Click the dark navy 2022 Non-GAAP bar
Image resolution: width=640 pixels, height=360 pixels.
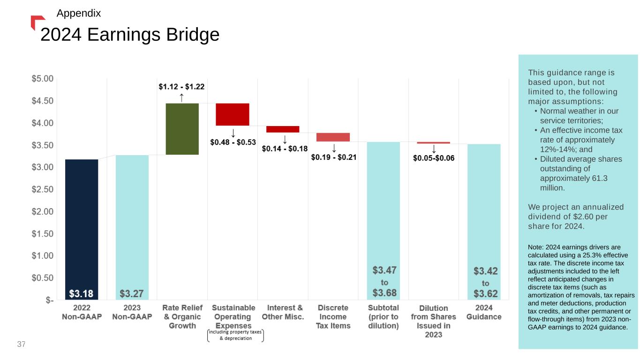click(x=82, y=225)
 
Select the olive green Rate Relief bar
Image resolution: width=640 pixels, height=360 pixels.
click(x=182, y=129)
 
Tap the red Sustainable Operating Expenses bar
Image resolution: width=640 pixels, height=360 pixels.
click(x=233, y=114)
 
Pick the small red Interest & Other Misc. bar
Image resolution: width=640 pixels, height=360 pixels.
click(x=283, y=129)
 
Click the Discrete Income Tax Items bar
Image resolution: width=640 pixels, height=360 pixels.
click(x=333, y=137)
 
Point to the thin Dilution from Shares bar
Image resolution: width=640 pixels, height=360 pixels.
click(x=433, y=142)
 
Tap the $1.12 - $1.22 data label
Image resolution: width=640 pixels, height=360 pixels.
click(x=181, y=86)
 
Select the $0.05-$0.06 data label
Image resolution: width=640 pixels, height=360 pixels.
click(x=434, y=158)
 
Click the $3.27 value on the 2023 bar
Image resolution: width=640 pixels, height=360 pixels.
click(x=132, y=294)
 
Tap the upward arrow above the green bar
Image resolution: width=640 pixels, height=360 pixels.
click(x=182, y=97)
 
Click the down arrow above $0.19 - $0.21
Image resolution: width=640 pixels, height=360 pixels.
click(x=334, y=147)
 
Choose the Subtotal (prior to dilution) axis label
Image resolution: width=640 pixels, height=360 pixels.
click(x=383, y=317)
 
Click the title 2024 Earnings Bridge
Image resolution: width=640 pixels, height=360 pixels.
click(x=130, y=34)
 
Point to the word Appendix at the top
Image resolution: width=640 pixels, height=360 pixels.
click(x=78, y=14)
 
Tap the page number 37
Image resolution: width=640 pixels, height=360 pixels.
click(x=21, y=345)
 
